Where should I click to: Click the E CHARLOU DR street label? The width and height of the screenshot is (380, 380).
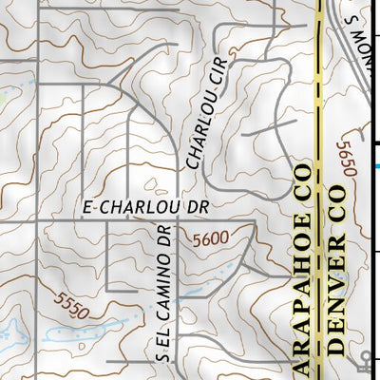tap(144, 204)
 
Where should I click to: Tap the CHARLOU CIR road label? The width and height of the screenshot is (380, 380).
tap(208, 122)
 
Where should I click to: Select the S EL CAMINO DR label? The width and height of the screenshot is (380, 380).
tap(162, 293)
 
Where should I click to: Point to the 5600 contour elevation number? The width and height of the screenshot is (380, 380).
tap(211, 241)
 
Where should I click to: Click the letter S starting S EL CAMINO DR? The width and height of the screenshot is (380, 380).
tap(162, 356)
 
